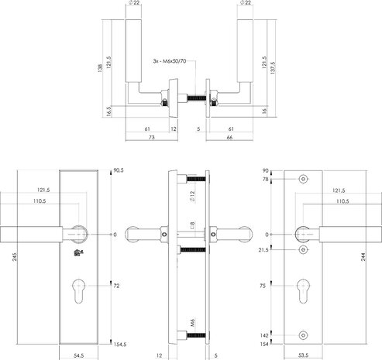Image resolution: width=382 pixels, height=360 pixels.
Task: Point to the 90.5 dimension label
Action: pos(119,169)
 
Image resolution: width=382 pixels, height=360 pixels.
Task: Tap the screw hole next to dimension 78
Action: pos(303,180)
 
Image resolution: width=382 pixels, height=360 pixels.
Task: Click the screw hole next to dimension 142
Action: pos(303,334)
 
